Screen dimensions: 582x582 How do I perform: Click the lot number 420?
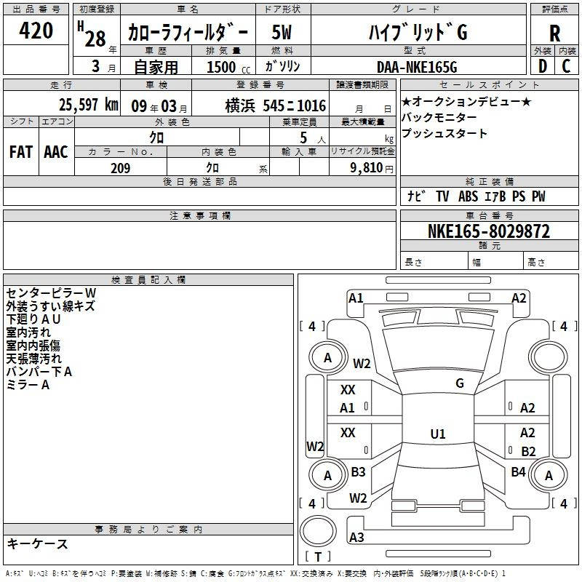(36, 30)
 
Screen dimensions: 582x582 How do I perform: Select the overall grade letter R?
(554, 33)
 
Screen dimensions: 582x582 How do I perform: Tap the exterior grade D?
(543, 66)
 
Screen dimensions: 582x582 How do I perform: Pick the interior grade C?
(566, 66)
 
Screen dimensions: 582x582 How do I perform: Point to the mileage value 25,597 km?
(88, 105)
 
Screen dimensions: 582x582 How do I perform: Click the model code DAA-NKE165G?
(417, 67)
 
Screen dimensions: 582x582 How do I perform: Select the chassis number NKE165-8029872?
(489, 231)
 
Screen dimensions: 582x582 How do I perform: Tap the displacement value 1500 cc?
(228, 67)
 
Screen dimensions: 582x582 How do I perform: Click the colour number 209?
(120, 168)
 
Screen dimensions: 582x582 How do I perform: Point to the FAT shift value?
(21, 152)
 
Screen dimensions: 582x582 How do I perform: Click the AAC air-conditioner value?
(56, 152)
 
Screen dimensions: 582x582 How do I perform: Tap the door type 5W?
(282, 32)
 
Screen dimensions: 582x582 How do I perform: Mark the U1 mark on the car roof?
(438, 434)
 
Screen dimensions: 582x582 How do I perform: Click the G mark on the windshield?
(460, 383)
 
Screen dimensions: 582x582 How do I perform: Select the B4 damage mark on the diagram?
(518, 471)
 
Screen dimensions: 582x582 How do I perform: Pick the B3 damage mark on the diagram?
(358, 471)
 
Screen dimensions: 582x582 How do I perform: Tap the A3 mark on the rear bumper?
(356, 537)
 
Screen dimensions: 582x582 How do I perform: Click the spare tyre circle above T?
(318, 532)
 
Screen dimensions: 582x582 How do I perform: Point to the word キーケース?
(37, 543)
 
